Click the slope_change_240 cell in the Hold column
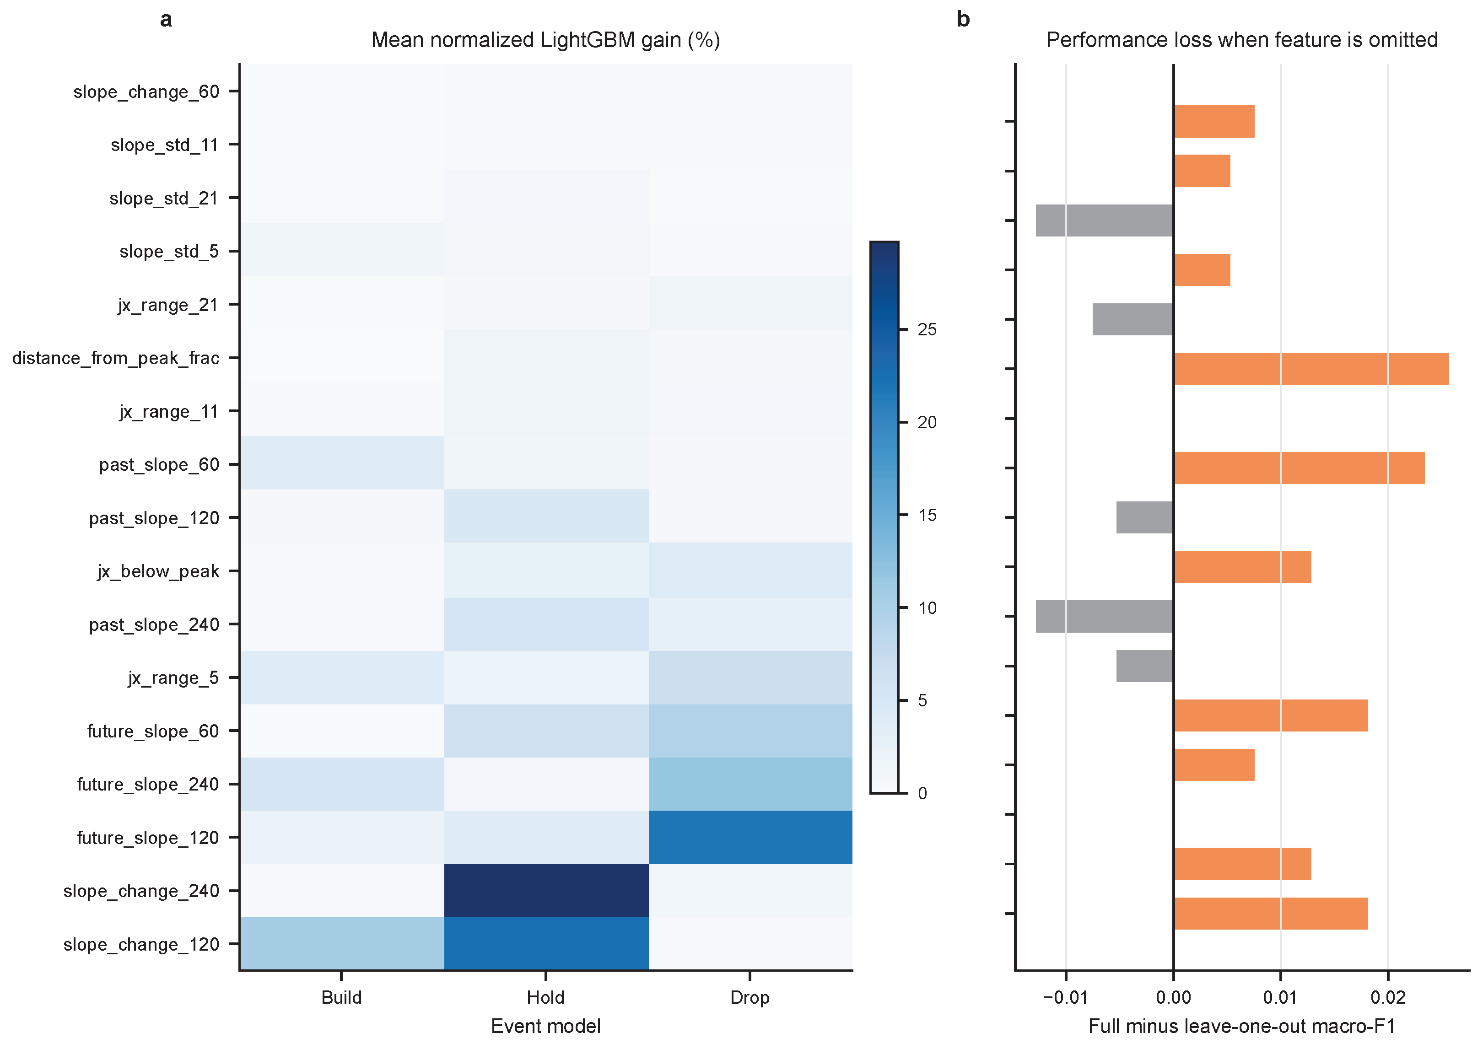pyautogui.click(x=546, y=890)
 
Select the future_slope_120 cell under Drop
pyautogui.click(x=750, y=837)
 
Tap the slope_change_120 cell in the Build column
pyautogui.click(x=342, y=944)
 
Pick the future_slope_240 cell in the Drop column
pyautogui.click(x=750, y=784)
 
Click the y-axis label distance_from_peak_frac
pyautogui.click(x=116, y=358)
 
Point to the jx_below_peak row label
pyautogui.click(x=158, y=571)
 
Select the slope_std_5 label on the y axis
pyautogui.click(x=169, y=251)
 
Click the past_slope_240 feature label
pyautogui.click(x=154, y=624)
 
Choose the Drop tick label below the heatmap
pyautogui.click(x=750, y=997)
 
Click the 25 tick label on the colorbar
pyautogui.click(x=927, y=329)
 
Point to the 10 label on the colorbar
pyautogui.click(x=927, y=608)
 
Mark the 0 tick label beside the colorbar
pyautogui.click(x=922, y=793)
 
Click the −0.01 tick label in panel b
pyautogui.click(x=1065, y=997)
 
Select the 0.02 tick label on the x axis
pyautogui.click(x=1388, y=997)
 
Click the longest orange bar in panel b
pyautogui.click(x=1311, y=369)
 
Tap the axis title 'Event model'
pyautogui.click(x=546, y=1027)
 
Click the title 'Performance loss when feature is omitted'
pyautogui.click(x=1241, y=40)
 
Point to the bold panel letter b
pyautogui.click(x=963, y=19)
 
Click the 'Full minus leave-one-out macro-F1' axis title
pyautogui.click(x=1241, y=1027)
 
